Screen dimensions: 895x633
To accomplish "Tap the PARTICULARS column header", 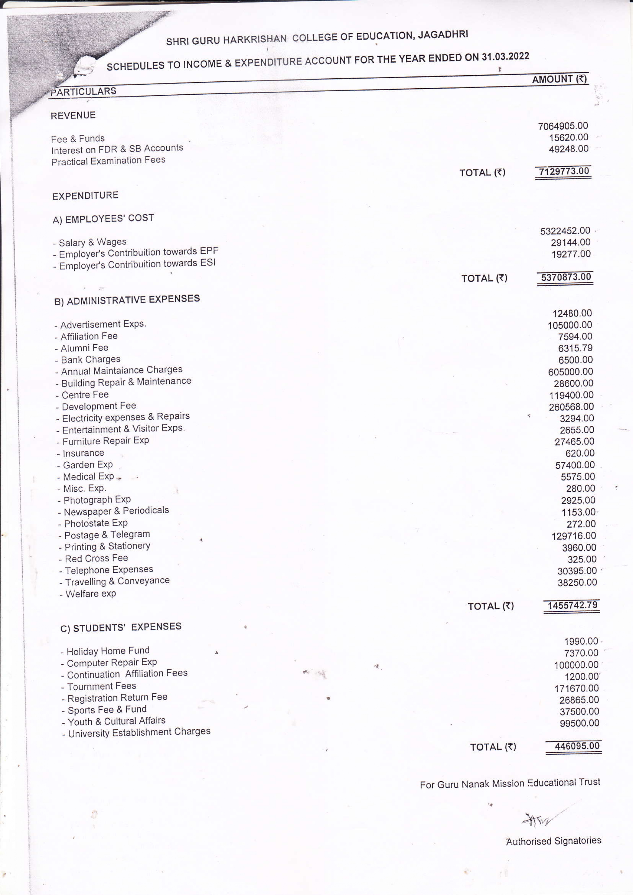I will coord(83,92).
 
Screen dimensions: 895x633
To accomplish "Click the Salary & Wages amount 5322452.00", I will coord(565,231).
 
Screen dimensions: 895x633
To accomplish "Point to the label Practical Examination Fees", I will coord(108,160).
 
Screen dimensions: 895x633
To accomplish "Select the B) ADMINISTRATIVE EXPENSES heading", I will coord(127,300).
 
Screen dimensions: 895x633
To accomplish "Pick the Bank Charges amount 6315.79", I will coord(575,348).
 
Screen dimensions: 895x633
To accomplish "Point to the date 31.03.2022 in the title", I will coord(505,57).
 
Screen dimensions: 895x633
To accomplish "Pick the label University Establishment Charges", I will coord(139,732).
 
